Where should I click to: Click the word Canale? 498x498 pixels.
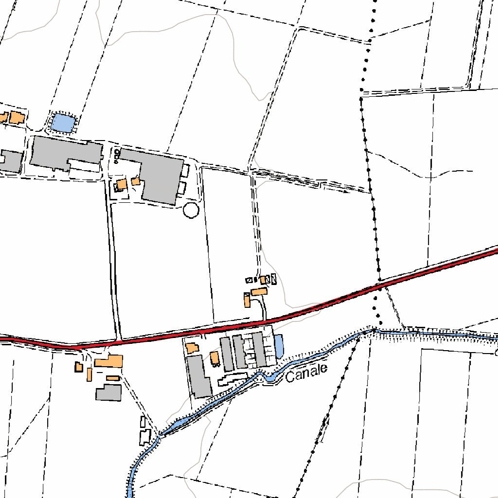coord(306,373)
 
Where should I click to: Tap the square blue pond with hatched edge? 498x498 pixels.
coord(62,123)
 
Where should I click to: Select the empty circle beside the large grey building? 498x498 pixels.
coord(191,211)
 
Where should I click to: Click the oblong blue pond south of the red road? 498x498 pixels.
coord(279,345)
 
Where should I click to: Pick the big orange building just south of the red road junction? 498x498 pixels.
coord(109,361)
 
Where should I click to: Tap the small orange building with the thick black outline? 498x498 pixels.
coord(78,367)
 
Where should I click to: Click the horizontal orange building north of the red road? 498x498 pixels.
coord(259,292)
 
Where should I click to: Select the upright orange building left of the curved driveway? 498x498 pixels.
coord(247,300)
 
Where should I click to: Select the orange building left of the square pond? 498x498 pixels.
coord(18,118)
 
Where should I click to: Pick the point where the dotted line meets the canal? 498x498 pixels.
coord(373,331)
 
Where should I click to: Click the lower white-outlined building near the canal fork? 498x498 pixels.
coord(145,437)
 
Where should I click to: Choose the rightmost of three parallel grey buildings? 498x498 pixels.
coord(259,349)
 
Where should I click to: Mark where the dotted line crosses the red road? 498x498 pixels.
coord(378,284)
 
